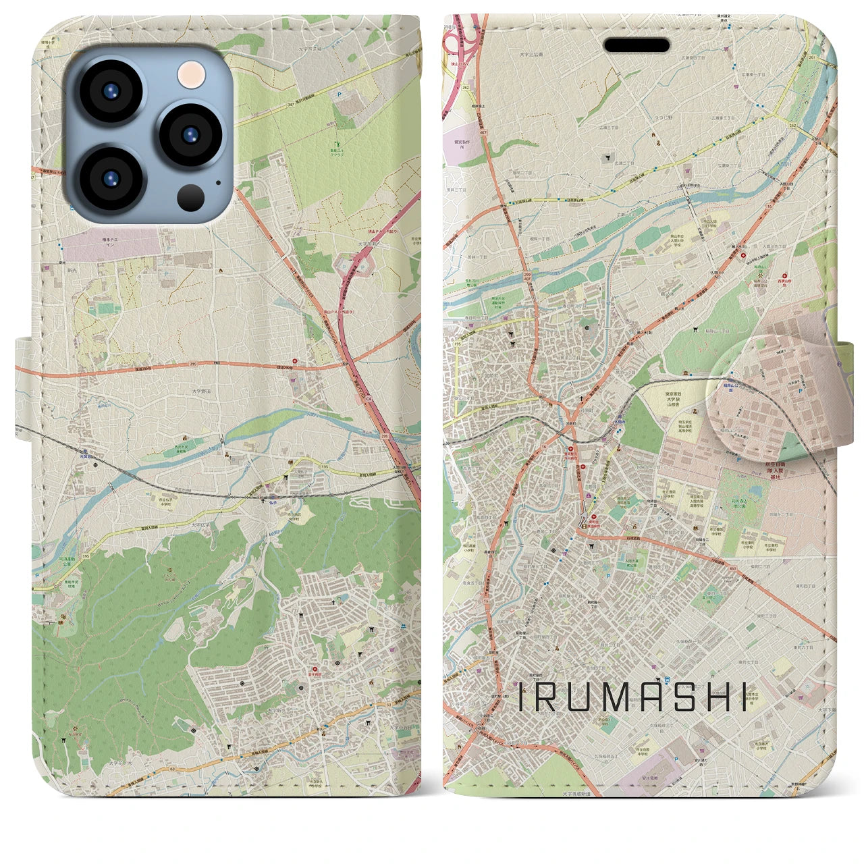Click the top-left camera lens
(109, 92)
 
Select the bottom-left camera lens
(109, 178)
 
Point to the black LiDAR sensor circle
(191, 198)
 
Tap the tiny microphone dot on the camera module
(218, 182)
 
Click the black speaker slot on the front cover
(637, 45)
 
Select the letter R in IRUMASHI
(549, 697)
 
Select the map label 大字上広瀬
(532, 53)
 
